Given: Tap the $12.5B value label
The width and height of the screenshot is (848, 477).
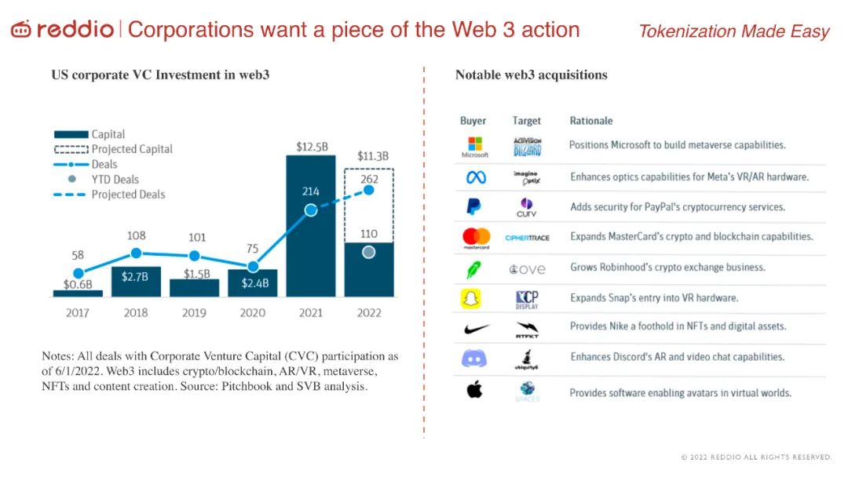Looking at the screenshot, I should click(x=311, y=147).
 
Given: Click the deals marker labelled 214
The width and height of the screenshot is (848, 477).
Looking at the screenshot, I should click(x=311, y=209).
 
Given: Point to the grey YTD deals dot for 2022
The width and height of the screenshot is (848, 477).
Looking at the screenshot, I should click(x=369, y=252).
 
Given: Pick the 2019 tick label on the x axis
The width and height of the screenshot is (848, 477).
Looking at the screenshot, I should click(x=194, y=312).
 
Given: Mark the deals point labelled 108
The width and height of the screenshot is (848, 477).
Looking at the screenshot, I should click(x=136, y=253).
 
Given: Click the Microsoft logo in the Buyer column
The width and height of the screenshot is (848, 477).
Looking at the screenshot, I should click(x=474, y=145).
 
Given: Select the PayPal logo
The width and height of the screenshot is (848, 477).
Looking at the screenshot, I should click(x=474, y=206).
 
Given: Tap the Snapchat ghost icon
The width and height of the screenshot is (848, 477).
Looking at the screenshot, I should click(x=474, y=298).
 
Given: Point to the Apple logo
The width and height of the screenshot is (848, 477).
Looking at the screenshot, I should click(x=474, y=389).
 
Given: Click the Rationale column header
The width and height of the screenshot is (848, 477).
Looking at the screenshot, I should click(x=590, y=121).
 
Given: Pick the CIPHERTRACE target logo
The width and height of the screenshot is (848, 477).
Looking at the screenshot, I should click(x=526, y=237).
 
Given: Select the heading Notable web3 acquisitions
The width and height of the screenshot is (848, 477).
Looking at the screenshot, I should click(x=531, y=75).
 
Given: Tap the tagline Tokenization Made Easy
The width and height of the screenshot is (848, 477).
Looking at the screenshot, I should click(x=733, y=31).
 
